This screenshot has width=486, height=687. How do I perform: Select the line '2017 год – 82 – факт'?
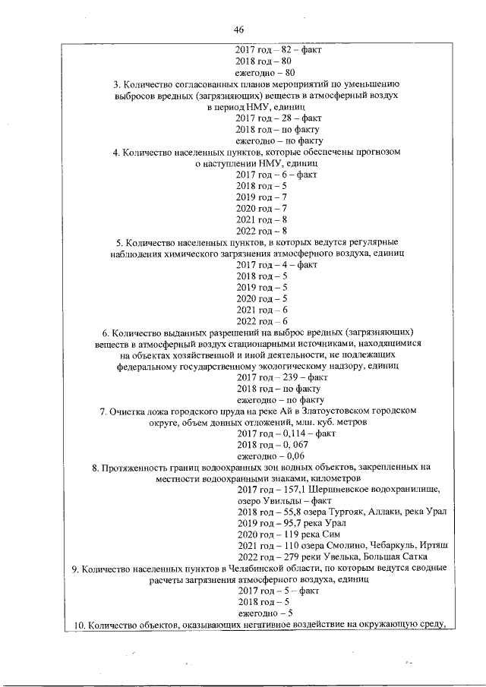pos(278,49)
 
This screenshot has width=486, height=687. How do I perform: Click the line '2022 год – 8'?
pos(260,231)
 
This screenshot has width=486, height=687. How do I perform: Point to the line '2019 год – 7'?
pos(260,197)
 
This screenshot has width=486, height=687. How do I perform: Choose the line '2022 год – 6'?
pos(260,321)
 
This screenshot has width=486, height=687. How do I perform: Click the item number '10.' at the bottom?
pos(75,625)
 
